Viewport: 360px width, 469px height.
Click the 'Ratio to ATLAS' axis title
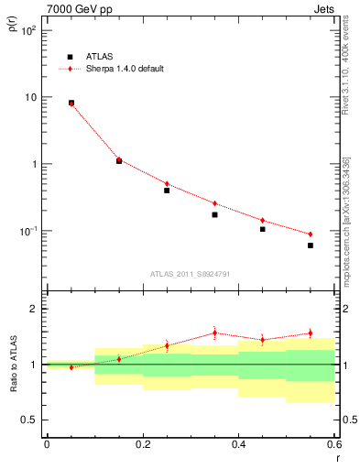pyautogui.click(x=12, y=365)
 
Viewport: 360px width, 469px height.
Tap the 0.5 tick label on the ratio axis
pyautogui.click(x=29, y=420)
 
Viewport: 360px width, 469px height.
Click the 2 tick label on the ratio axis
pyautogui.click(x=33, y=309)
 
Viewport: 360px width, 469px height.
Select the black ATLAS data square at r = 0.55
pyautogui.click(x=311, y=245)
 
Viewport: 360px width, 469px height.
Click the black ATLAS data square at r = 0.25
pyautogui.click(x=167, y=191)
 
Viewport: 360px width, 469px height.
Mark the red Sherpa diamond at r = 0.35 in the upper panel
pyautogui.click(x=214, y=203)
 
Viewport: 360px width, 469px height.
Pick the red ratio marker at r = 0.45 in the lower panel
pyautogui.click(x=263, y=340)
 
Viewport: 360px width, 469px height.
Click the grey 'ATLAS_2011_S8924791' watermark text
pyautogui.click(x=190, y=273)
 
